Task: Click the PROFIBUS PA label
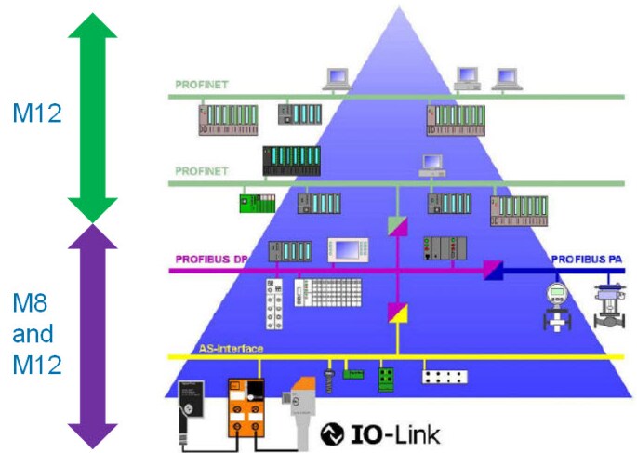click(x=587, y=259)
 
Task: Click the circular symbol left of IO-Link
click(x=332, y=433)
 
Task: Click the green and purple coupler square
click(x=397, y=224)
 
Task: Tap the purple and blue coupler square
click(x=493, y=271)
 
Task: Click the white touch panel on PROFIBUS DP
click(x=349, y=252)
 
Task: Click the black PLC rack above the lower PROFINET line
click(x=291, y=160)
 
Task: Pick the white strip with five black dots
click(x=445, y=378)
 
